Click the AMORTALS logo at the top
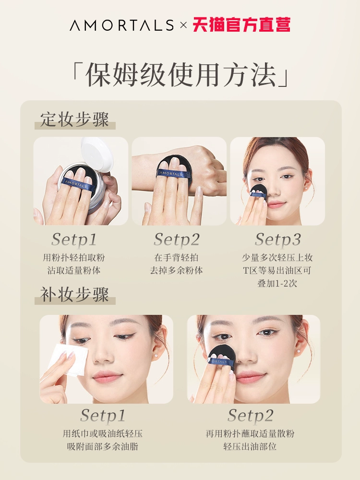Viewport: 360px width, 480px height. [121, 25]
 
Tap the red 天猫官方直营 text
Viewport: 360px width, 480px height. [241, 25]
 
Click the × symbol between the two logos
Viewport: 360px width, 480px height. [183, 25]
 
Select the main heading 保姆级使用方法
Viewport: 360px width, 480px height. [180, 75]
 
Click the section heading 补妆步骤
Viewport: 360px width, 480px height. [75, 294]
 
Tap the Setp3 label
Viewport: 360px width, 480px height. [278, 240]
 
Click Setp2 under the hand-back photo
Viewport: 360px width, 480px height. [176, 240]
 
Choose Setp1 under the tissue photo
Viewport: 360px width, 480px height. [103, 416]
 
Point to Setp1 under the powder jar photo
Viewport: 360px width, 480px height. [74, 240]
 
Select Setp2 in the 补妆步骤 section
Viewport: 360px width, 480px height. [250, 416]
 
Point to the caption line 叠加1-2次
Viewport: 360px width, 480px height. [277, 283]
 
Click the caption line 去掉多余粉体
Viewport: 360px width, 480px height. [176, 270]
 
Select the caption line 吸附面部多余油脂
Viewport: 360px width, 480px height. [103, 446]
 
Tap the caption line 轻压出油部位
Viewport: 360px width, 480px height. [250, 446]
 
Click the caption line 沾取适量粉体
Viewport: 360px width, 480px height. [74, 270]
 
